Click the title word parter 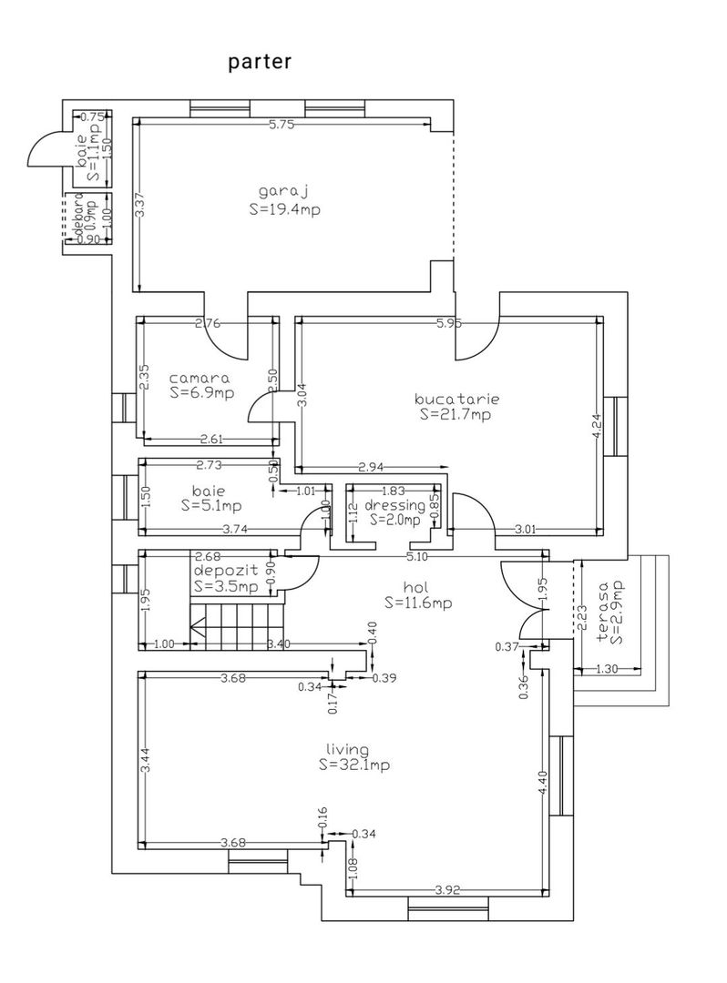pyautogui.click(x=260, y=62)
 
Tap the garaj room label pyautogui.click(x=284, y=192)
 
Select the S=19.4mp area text pyautogui.click(x=284, y=208)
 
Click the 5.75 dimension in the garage pyautogui.click(x=282, y=126)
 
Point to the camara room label pyautogui.click(x=200, y=378)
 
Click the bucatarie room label pyautogui.click(x=456, y=399)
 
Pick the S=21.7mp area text pyautogui.click(x=456, y=414)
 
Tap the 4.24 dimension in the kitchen pyautogui.click(x=598, y=428)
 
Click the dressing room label pyautogui.click(x=394, y=505)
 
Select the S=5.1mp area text pyautogui.click(x=211, y=505)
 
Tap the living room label pyautogui.click(x=348, y=750)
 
